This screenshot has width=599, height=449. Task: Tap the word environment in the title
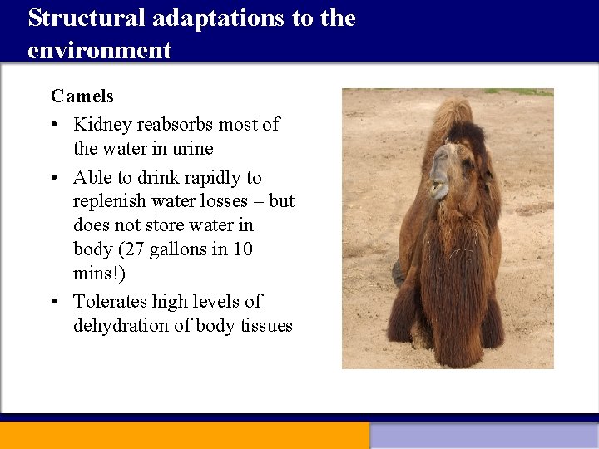[99, 51]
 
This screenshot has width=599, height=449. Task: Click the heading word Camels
[82, 96]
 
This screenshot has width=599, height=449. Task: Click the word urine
[191, 149]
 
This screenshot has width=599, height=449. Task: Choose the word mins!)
[94, 273]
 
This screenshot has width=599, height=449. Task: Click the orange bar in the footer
[184, 435]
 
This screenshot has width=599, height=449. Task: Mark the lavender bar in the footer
[484, 436]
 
